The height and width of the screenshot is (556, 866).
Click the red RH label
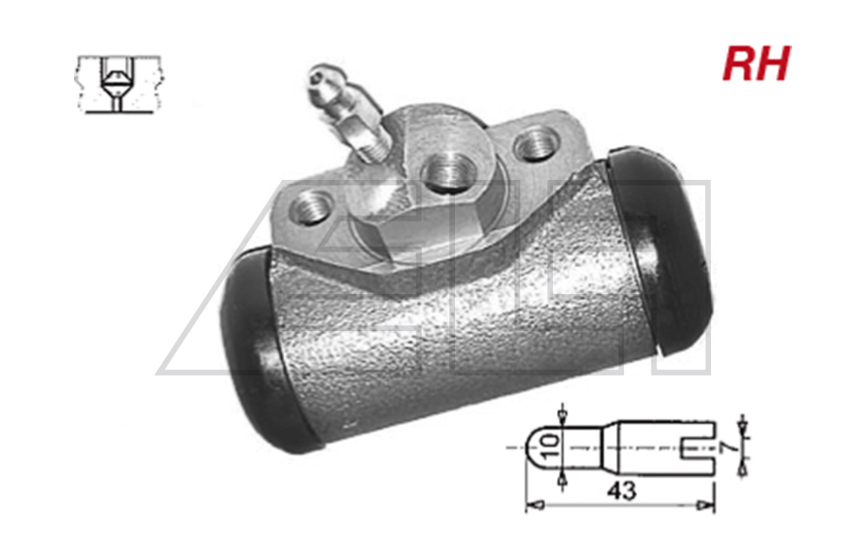(756, 63)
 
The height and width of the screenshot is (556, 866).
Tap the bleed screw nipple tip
(320, 75)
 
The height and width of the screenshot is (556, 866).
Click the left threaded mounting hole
(311, 206)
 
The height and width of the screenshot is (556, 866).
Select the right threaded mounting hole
(534, 144)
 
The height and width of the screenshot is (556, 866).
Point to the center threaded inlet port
(448, 172)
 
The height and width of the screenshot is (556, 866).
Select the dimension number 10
(550, 448)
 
